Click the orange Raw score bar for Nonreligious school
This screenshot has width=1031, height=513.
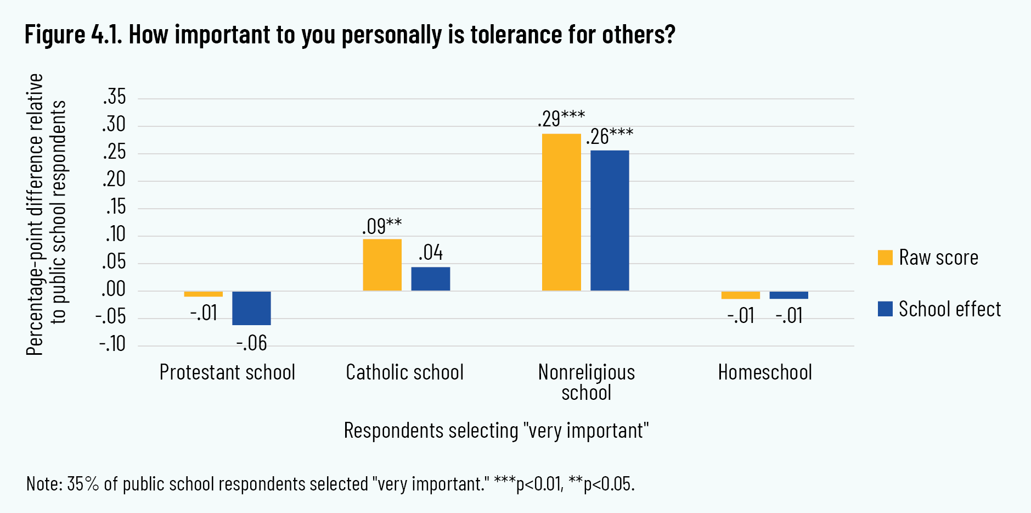561,212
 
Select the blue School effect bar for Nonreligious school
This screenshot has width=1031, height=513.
610,220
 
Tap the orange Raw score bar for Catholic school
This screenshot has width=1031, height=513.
382,265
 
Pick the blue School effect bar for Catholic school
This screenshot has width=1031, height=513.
430,278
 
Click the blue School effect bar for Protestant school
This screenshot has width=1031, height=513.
251,308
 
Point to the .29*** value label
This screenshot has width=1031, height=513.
561,119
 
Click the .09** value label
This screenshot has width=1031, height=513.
382,226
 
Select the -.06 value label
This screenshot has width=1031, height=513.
251,343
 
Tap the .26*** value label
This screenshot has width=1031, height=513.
610,136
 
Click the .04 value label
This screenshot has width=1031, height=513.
430,253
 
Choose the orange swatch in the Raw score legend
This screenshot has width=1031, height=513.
885,258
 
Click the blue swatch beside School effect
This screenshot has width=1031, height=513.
885,309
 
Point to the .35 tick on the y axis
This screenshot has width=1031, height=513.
114,97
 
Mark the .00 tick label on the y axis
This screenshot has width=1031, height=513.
114,289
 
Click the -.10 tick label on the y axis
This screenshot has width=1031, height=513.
112,344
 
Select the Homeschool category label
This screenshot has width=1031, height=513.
765,372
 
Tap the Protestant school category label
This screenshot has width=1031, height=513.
227,372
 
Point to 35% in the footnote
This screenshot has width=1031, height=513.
83,484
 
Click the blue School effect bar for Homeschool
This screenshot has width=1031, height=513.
788,295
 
